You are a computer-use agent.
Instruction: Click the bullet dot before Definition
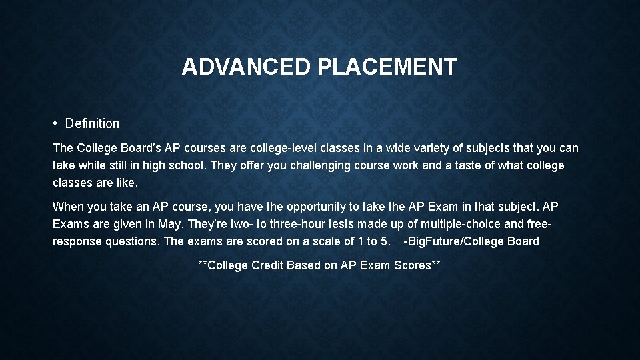point(57,123)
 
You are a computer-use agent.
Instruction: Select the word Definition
point(93,123)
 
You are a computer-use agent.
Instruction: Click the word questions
point(132,241)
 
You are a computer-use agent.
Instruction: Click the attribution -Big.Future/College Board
point(471,241)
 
